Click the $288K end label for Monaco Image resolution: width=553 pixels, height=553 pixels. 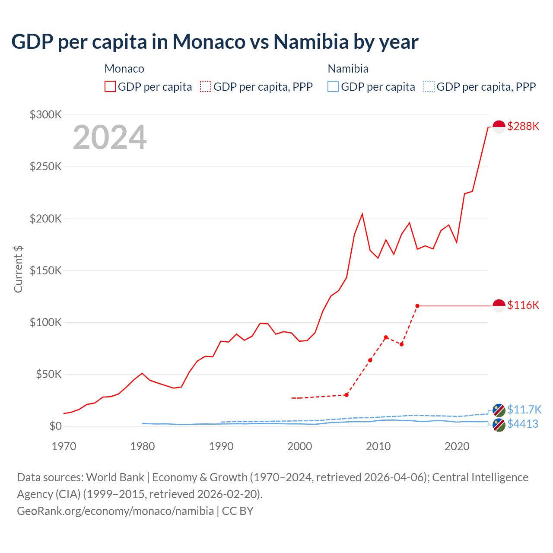click(523, 126)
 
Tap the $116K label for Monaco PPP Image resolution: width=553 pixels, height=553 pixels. click(523, 305)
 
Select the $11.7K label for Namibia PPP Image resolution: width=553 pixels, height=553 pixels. click(524, 410)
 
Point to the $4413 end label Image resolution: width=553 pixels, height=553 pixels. click(522, 424)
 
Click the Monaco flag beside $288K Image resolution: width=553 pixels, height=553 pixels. click(499, 127)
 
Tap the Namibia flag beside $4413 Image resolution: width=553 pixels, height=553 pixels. click(499, 425)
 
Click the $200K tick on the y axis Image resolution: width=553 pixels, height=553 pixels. click(46, 219)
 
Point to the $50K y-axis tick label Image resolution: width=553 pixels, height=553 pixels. click(49, 374)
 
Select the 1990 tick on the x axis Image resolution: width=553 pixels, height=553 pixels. click(221, 446)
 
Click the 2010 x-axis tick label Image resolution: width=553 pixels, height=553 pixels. click(378, 446)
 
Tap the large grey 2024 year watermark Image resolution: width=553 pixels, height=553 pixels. click(110, 137)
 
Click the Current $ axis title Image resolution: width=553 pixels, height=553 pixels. click(18, 269)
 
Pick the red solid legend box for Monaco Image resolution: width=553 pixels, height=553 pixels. click(110, 87)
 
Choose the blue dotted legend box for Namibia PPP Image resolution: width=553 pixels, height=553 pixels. click(429, 87)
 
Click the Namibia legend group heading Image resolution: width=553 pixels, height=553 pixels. click(348, 69)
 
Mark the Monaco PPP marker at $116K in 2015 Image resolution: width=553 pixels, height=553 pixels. click(417, 306)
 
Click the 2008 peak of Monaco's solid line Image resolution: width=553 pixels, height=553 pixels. click(362, 214)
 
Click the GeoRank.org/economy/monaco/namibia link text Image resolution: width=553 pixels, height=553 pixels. click(115, 511)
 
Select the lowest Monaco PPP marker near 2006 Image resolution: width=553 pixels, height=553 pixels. click(346, 395)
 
